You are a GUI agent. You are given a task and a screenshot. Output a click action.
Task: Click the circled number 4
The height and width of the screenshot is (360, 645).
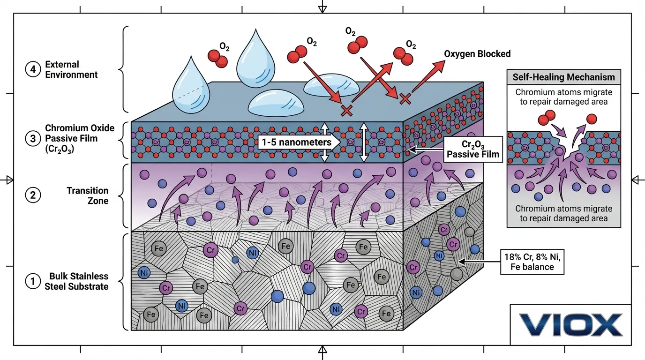pyautogui.click(x=32, y=69)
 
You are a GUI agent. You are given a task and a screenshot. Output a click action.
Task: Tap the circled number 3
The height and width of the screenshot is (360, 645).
pyautogui.click(x=32, y=139)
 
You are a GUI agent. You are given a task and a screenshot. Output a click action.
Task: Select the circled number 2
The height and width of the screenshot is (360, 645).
pyautogui.click(x=32, y=195)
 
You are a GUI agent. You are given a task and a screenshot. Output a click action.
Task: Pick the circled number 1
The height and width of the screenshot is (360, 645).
pyautogui.click(x=32, y=281)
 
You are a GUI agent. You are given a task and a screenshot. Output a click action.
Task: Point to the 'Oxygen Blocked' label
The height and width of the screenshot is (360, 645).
pyautogui.click(x=477, y=54)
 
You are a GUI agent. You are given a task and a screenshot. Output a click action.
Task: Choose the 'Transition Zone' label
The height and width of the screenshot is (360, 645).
pyautogui.click(x=87, y=195)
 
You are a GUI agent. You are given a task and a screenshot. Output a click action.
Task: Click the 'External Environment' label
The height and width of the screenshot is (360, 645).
pyautogui.click(x=71, y=69)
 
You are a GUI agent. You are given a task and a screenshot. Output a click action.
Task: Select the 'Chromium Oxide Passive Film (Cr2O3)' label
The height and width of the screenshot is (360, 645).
pyautogui.click(x=80, y=139)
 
